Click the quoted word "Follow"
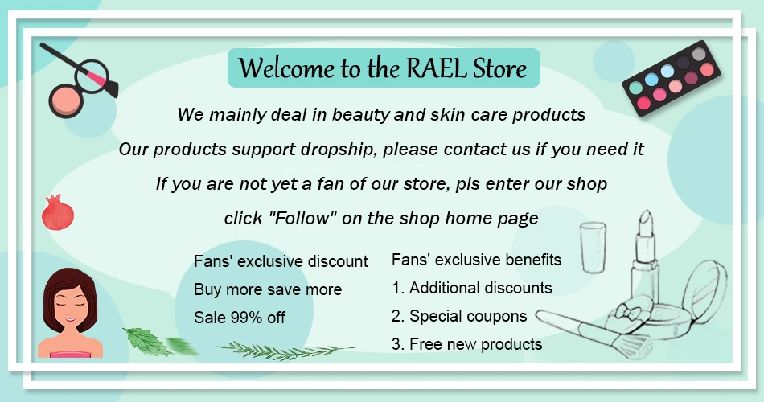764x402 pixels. click(302, 218)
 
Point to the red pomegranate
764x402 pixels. click(57, 212)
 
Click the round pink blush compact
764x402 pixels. click(66, 100)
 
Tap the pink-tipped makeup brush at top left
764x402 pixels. click(80, 69)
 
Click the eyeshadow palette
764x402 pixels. click(672, 78)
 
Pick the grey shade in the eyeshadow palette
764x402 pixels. click(699, 54)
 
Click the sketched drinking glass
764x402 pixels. click(593, 247)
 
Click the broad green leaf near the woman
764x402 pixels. click(147, 342)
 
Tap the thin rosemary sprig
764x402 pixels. click(285, 351)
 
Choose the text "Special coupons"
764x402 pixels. click(468, 316)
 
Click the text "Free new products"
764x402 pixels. click(475, 344)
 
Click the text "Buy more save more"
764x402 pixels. click(268, 289)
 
